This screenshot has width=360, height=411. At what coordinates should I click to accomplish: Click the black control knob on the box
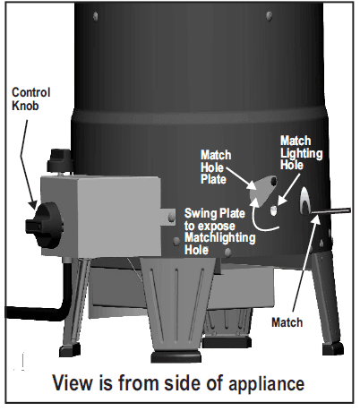(45, 225)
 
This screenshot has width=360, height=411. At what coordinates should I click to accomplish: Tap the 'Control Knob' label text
(30, 98)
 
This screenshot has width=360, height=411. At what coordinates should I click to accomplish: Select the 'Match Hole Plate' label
(216, 167)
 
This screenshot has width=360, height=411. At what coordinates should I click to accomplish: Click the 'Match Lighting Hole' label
(301, 152)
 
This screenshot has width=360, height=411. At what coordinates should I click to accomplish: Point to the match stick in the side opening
(330, 211)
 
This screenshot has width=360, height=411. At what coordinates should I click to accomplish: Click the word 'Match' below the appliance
(287, 322)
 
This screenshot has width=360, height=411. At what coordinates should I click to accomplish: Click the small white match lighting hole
(273, 210)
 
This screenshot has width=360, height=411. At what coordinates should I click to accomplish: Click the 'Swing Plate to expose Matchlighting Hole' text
(220, 232)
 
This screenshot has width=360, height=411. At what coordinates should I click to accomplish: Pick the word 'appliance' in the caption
(267, 382)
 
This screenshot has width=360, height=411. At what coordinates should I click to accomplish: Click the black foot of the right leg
(333, 348)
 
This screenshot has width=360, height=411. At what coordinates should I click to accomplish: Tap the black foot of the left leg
(70, 349)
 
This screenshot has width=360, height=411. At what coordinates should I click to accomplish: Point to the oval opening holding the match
(305, 201)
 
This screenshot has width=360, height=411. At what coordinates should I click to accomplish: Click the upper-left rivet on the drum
(96, 15)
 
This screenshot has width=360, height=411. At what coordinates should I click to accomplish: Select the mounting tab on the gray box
(168, 216)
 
